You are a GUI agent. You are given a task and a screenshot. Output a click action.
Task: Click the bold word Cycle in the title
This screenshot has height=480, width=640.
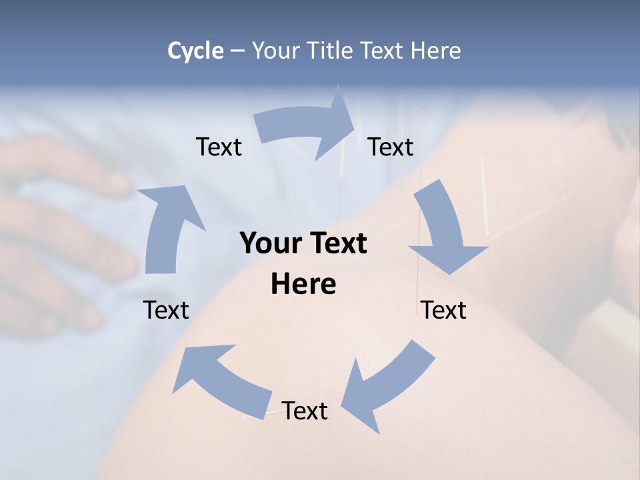click(195, 51)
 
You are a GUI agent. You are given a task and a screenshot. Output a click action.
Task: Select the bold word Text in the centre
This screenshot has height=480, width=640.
click(337, 243)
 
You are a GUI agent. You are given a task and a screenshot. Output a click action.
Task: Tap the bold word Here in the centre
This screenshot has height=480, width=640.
click(303, 285)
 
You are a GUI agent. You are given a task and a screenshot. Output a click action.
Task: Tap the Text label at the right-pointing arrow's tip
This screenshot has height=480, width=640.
click(391, 147)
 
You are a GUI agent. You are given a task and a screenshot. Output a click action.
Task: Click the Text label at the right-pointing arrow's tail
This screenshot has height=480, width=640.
click(219, 147)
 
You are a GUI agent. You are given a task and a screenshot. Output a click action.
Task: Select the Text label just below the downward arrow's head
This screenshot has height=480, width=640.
click(444, 310)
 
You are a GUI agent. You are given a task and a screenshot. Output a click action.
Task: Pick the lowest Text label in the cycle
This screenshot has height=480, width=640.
click(305, 411)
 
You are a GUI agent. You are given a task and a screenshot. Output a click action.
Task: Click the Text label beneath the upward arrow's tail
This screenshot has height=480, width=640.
click(166, 310)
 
